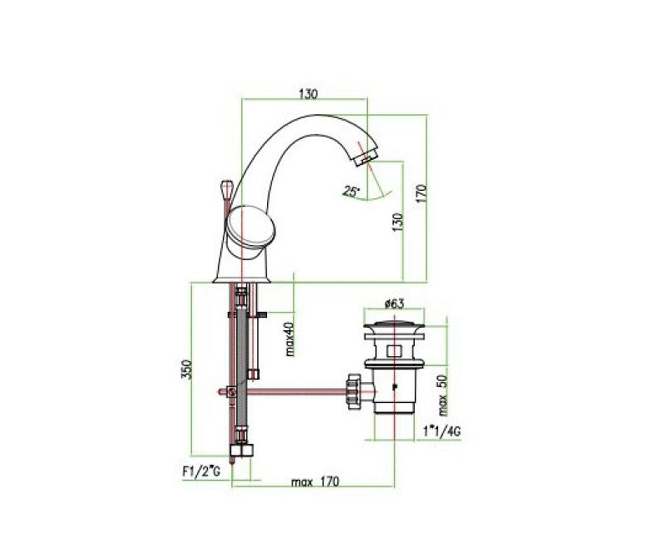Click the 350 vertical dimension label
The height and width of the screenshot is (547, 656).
tap(186, 370)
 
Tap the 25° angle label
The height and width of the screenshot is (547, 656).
tap(351, 191)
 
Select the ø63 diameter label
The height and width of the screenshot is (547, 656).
tap(394, 304)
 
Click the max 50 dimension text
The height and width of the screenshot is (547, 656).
tap(443, 396)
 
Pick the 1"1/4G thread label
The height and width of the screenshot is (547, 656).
tap(442, 432)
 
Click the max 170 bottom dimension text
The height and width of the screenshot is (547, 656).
tap(315, 491)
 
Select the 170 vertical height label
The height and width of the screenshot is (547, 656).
tap(422, 194)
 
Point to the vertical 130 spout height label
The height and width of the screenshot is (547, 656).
tap(398, 223)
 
